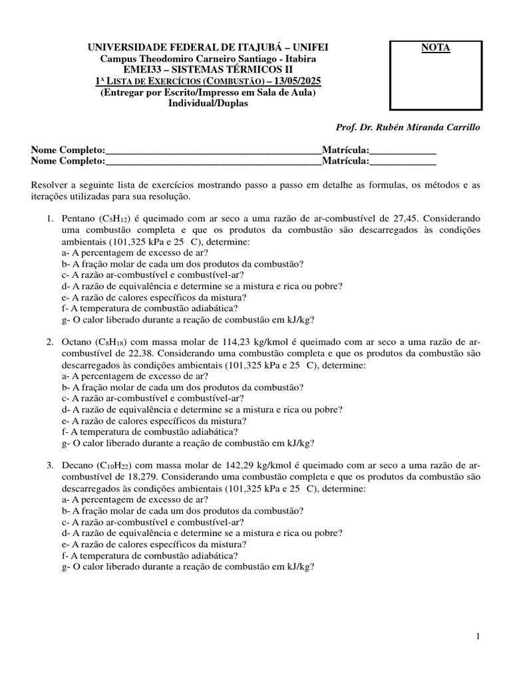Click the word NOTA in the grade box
coord(435,48)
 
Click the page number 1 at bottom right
coord(478,636)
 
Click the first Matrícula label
coord(345,150)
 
